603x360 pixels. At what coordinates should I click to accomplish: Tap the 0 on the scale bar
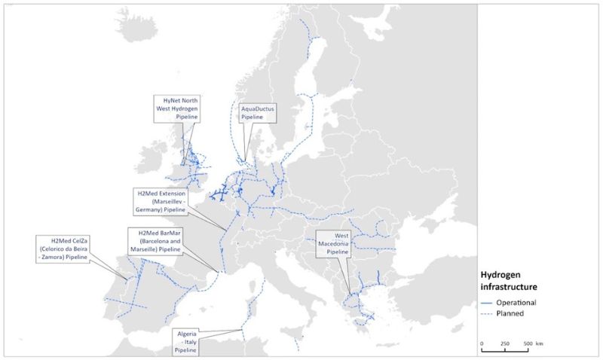(482, 343)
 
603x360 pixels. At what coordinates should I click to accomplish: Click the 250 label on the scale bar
(504, 343)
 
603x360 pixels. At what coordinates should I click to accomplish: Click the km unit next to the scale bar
(540, 343)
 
